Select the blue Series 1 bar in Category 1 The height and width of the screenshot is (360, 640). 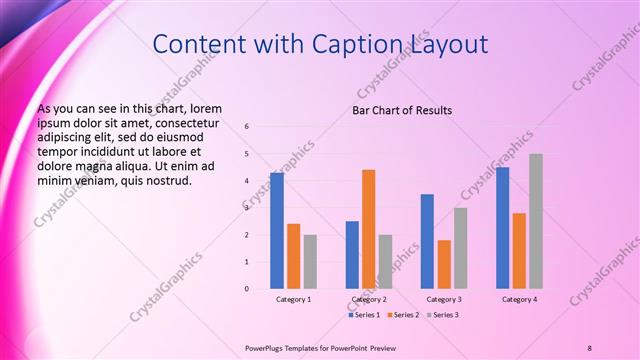coord(277,231)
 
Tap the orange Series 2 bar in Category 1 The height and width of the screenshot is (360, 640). coord(293,256)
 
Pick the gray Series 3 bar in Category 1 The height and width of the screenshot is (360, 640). coord(310,262)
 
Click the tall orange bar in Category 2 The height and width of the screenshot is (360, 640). coord(368,229)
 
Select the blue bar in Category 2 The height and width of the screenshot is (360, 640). coord(352,255)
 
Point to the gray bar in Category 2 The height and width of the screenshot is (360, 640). coord(385,262)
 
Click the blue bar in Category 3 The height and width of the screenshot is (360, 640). coord(427,241)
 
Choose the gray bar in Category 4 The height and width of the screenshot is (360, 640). coord(536,221)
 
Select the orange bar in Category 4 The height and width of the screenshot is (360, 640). coord(519,251)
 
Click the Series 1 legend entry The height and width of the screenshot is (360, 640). coord(366,315)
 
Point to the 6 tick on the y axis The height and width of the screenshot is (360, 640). coord(247,127)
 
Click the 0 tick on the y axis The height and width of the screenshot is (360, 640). coord(247,289)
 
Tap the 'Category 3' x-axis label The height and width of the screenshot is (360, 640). coord(443,299)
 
